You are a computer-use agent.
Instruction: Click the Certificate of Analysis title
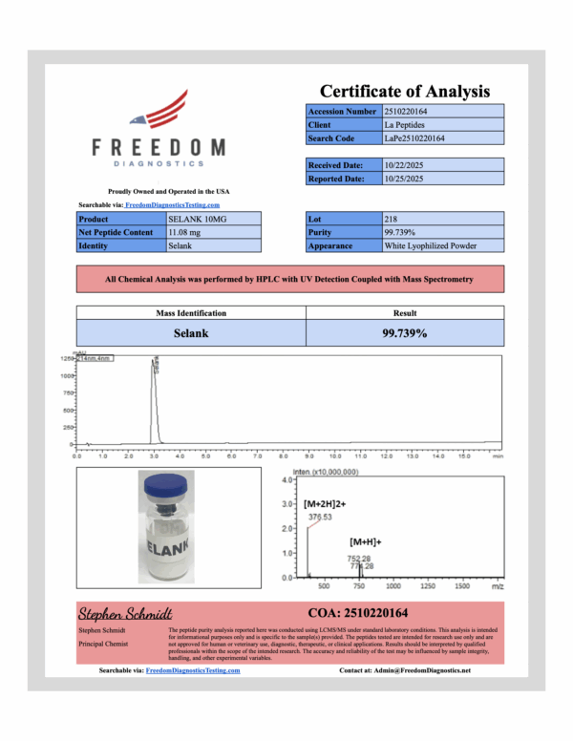[x=404, y=92]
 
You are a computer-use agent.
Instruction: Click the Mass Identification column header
[x=191, y=313]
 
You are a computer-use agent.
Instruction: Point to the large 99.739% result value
[x=404, y=333]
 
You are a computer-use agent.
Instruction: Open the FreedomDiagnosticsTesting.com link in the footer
[x=193, y=670]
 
